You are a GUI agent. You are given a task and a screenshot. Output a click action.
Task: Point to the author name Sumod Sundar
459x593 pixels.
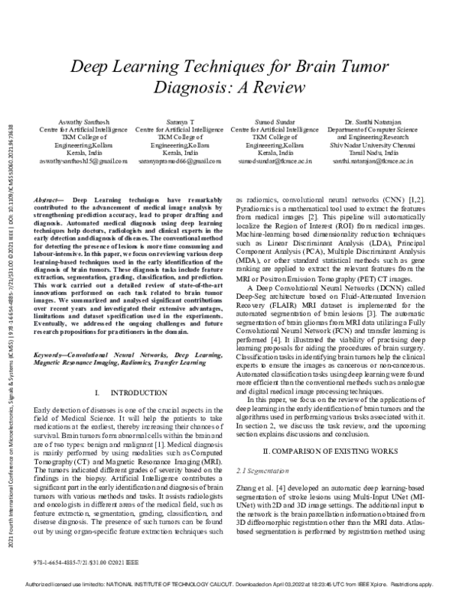[275, 122]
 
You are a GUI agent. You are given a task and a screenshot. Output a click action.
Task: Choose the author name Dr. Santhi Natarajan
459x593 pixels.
[373, 122]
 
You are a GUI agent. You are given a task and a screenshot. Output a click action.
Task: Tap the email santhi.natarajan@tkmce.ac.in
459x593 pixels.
[373, 162]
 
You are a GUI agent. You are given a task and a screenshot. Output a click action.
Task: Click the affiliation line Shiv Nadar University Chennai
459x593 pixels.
[373, 145]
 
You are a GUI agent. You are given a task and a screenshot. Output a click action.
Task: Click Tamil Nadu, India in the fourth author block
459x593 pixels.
[373, 154]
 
